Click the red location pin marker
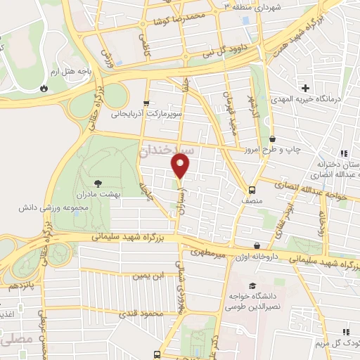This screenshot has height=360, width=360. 181,166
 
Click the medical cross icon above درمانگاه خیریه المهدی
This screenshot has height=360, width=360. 304,89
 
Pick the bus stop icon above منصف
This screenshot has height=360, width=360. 252,189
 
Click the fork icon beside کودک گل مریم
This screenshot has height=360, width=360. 345,331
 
